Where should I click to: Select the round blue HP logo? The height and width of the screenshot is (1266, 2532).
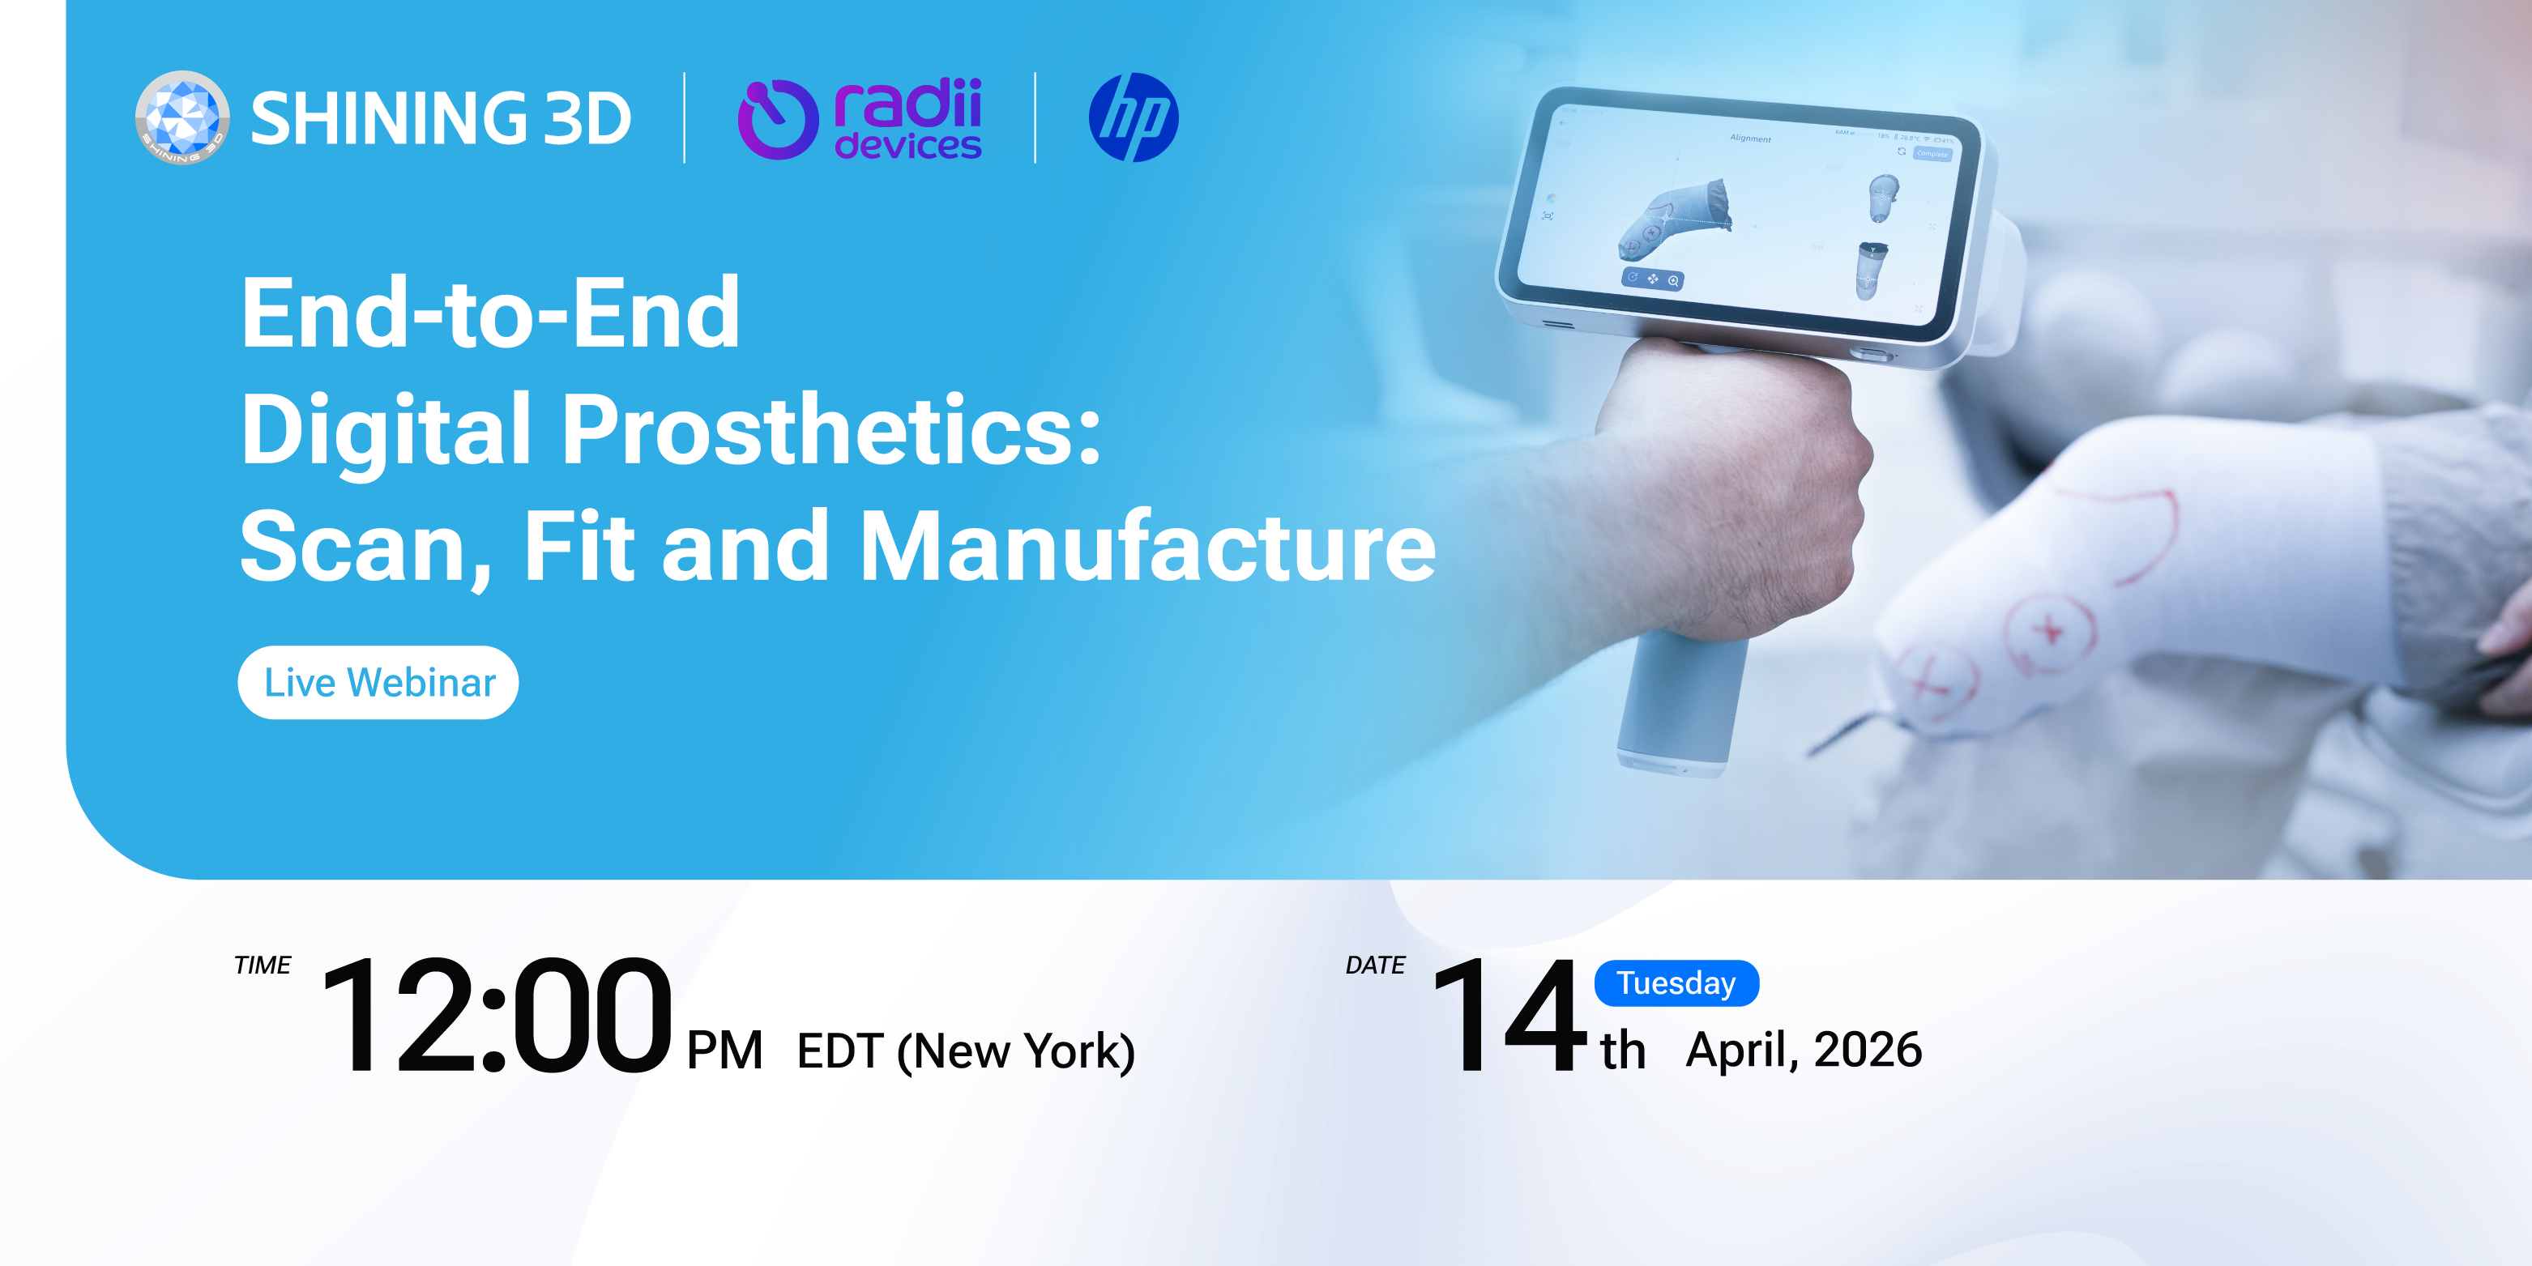pyautogui.click(x=1134, y=118)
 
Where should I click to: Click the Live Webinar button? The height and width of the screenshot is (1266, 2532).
pyautogui.click(x=378, y=682)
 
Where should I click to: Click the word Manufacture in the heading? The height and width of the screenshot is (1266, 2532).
pyautogui.click(x=1147, y=547)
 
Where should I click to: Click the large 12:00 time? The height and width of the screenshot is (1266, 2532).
pyautogui.click(x=497, y=1017)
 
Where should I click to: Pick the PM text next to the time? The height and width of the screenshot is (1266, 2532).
pyautogui.click(x=724, y=1050)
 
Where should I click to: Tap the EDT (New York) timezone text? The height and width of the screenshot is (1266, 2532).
pyautogui.click(x=966, y=1051)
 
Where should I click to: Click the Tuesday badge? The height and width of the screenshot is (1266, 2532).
pyautogui.click(x=1676, y=983)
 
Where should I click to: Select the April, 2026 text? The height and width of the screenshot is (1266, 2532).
pyautogui.click(x=1804, y=1049)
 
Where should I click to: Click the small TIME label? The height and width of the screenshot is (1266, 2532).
pyautogui.click(x=263, y=965)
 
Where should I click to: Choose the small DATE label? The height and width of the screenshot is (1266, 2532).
pyautogui.click(x=1375, y=965)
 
